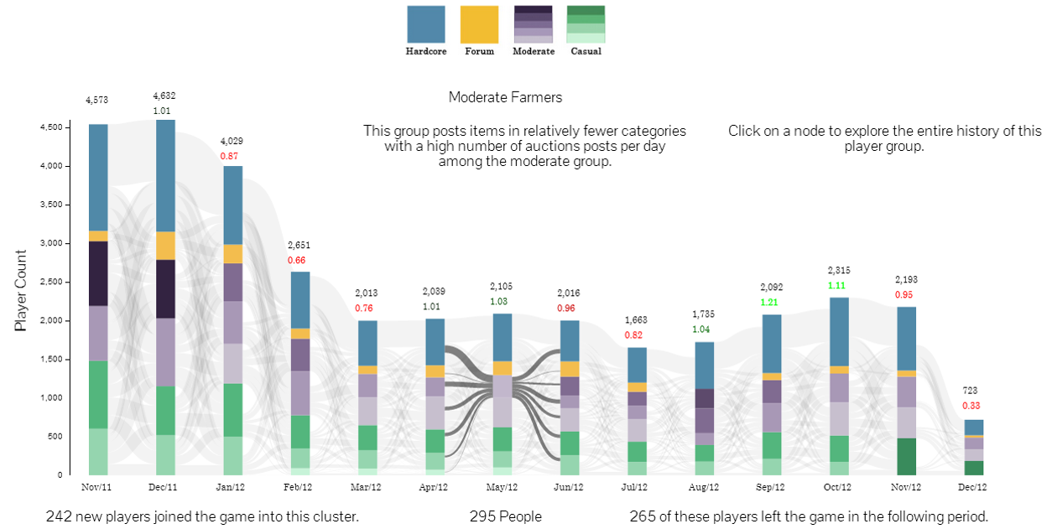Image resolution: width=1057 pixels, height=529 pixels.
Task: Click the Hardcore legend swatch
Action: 426,24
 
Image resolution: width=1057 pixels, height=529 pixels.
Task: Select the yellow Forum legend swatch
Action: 479,24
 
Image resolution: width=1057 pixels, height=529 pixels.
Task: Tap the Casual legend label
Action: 586,51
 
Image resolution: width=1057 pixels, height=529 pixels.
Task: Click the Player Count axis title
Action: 22,290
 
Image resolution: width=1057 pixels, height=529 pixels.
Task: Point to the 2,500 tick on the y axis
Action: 51,282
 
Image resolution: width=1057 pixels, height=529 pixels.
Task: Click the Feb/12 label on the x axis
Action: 299,487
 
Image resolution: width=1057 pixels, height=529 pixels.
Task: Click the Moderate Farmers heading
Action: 505,97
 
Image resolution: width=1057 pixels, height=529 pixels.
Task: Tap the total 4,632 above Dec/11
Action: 164,96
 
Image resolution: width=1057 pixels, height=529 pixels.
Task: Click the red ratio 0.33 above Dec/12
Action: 971,406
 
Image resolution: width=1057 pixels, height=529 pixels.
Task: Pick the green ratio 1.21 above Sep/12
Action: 769,302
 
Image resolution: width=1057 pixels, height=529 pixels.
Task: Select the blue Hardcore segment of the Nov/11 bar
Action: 98,177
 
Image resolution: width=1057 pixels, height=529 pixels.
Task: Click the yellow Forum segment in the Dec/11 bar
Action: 165,246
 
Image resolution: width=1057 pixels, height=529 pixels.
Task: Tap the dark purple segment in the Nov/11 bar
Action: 98,273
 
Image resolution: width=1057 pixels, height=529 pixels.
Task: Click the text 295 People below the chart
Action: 505,516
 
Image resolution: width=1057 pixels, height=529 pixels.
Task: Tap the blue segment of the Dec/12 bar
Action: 973,427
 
